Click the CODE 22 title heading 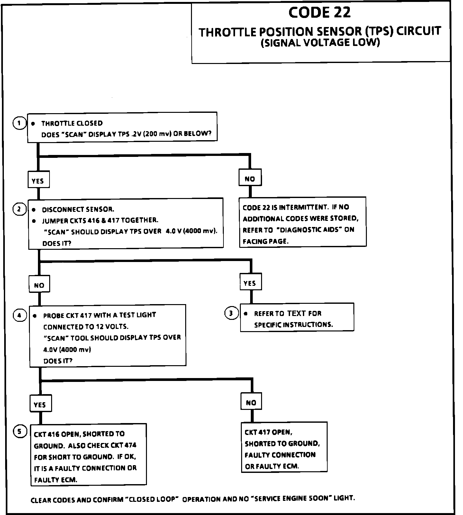click(319, 13)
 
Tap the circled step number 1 click(19, 123)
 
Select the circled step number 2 click(19, 209)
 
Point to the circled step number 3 click(231, 313)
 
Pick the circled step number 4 click(19, 315)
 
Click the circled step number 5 click(19, 431)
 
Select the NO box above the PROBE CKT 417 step click(39, 285)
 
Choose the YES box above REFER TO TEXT click(250, 283)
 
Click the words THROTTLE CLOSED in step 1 click(72, 123)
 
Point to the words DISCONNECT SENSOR click(78, 210)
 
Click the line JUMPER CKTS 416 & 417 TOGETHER click(100, 221)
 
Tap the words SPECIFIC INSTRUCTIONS click(294, 325)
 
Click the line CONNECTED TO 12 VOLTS click(86, 327)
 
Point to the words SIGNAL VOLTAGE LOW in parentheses click(320, 43)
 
